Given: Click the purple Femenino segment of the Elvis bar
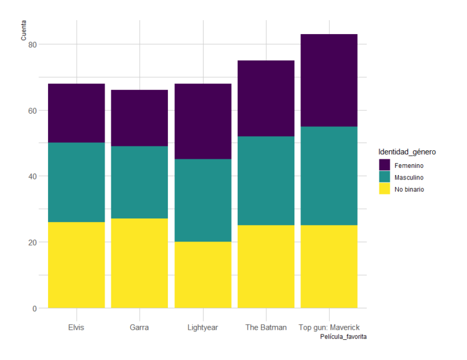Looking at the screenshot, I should point(77,113).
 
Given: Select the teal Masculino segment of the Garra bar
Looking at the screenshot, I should point(139,182).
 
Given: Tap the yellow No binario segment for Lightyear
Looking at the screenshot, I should point(203,275).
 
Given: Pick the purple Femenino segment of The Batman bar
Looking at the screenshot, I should point(266,99).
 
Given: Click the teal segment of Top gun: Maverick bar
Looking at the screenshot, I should point(329,176).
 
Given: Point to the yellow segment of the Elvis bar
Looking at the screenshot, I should point(77,265).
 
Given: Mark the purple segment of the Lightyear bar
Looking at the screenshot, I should point(203,122).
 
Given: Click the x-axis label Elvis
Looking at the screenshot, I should point(77,327).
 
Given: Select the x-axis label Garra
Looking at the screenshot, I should point(139,327).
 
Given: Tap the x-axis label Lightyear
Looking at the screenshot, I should point(203,327).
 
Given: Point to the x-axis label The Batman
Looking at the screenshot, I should point(266,327).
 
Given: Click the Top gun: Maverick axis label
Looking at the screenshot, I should point(329,327).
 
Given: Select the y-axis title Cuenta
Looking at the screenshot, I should point(24,30).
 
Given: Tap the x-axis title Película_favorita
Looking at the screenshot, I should point(343,336).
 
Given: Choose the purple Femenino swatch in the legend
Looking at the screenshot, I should point(384,165).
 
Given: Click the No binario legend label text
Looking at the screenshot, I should point(409,189).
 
